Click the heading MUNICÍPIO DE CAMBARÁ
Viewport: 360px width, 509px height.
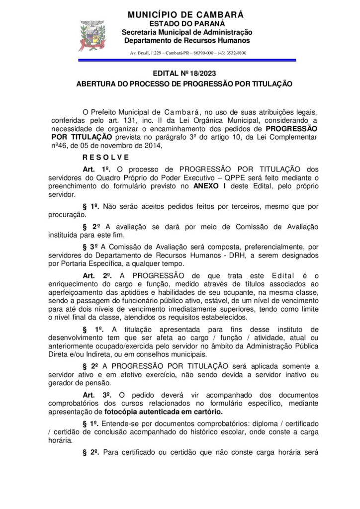[x=185, y=15]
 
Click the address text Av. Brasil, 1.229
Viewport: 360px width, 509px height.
[x=147, y=53]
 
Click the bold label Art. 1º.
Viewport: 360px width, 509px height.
[x=95, y=169]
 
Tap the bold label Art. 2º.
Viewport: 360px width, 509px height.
[x=96, y=275]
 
